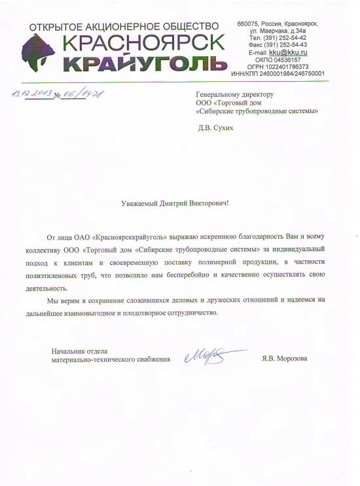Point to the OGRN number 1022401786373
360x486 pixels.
287,66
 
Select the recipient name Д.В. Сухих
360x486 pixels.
215,128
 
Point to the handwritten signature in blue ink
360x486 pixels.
207,356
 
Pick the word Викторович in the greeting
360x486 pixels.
209,203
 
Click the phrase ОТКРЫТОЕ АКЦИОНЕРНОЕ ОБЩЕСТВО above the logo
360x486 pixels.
124,26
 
